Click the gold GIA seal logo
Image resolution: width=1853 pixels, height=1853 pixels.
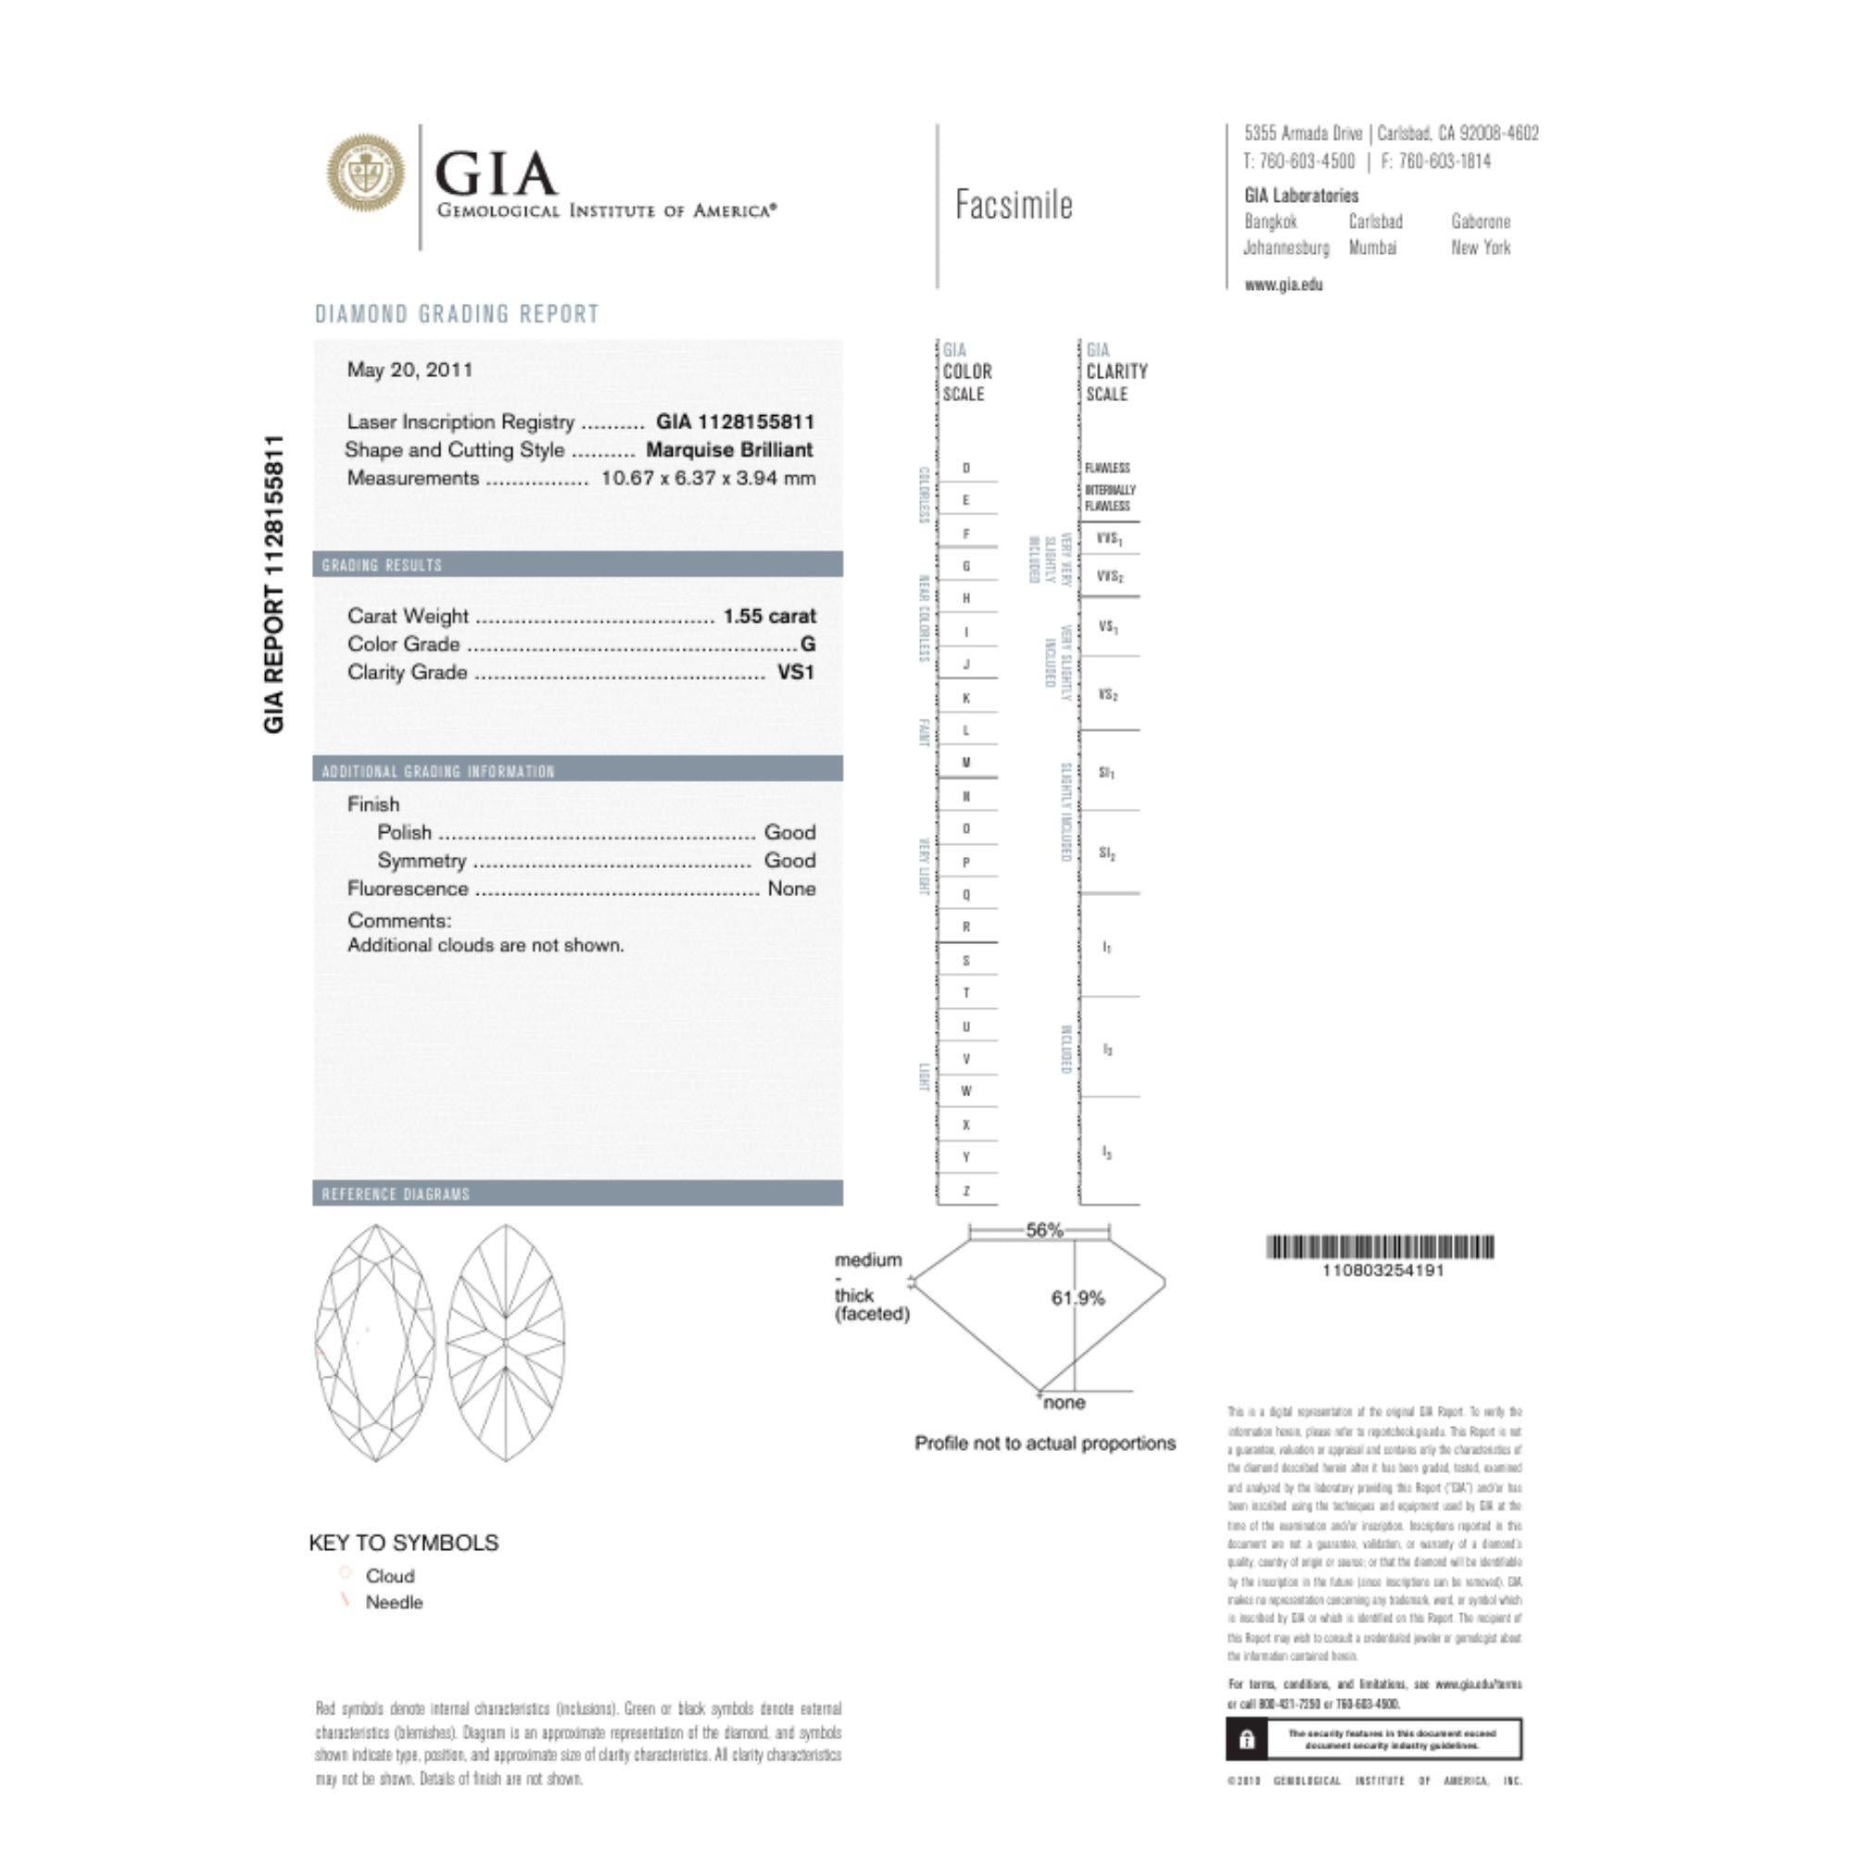(365, 173)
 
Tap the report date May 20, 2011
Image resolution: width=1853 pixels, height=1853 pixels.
(410, 371)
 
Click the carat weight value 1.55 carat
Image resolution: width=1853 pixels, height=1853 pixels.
(769, 616)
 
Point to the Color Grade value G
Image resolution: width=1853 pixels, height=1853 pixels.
(808, 645)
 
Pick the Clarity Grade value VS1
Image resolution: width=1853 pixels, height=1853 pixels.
(795, 673)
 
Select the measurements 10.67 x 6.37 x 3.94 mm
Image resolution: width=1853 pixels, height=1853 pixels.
(708, 479)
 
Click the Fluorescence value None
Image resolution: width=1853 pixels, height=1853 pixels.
(791, 889)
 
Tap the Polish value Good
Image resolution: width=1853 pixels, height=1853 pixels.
(789, 833)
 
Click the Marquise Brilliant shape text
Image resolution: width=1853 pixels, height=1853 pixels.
(729, 450)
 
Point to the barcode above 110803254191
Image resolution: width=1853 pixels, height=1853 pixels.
(1381, 1247)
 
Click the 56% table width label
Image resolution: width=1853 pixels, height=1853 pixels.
(1044, 1229)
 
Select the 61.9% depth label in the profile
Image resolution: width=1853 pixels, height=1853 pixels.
(1078, 1299)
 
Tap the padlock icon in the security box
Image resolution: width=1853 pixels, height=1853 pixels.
(1247, 1740)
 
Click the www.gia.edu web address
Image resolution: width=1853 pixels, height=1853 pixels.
(1283, 284)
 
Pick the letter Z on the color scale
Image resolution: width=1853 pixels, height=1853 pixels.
(965, 1191)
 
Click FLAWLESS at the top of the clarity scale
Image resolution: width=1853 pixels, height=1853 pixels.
(1108, 468)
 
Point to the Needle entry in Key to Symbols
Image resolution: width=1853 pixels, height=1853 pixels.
(393, 1602)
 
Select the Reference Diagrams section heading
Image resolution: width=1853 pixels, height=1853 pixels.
(397, 1194)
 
